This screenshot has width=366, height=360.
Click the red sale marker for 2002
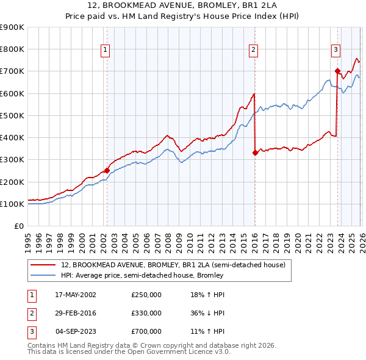click(107, 171)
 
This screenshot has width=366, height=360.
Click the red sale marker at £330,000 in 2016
click(255, 153)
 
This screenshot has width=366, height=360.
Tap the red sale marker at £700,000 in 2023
click(337, 71)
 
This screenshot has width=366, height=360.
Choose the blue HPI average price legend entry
click(142, 275)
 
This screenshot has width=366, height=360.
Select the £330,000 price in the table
click(146, 313)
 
